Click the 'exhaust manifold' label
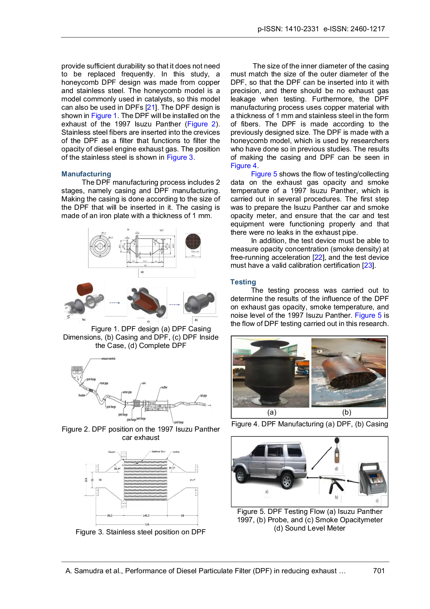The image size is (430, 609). tap(108, 359)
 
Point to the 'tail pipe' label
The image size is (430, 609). tap(204, 395)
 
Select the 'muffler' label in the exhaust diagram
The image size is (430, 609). tap(164, 387)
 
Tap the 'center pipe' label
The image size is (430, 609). tap(127, 392)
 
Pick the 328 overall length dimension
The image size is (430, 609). tap(147, 524)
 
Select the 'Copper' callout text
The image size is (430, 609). tap(112, 452)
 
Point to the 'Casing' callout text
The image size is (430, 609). tap(176, 452)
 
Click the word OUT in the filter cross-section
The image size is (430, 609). tap(192, 480)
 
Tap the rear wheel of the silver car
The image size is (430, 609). tap(286, 481)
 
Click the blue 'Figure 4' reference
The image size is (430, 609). tap(243, 166)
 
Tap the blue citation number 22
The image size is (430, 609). tap(318, 257)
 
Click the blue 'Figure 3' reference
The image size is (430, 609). tap(180, 157)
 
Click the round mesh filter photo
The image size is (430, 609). tap(193, 244)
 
